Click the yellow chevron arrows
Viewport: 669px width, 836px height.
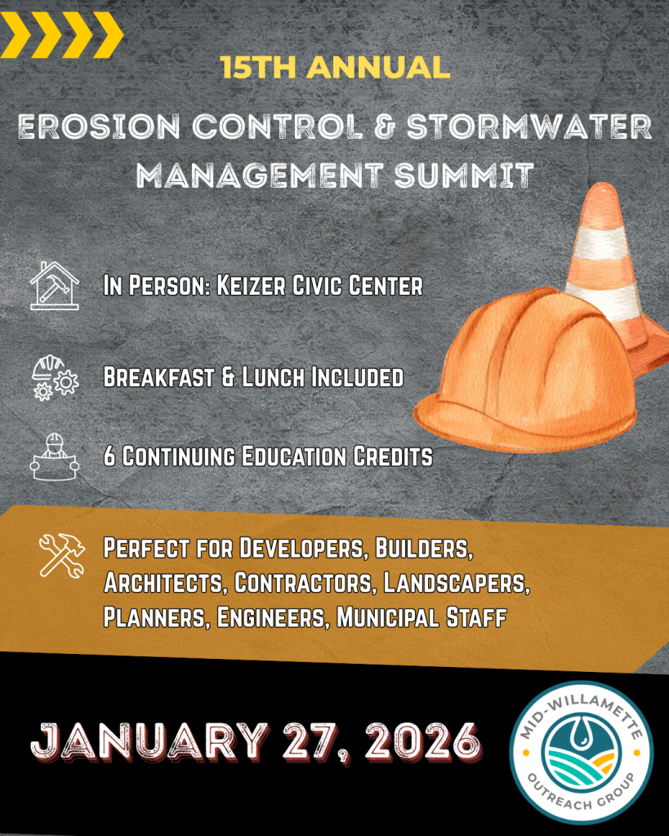point(61,36)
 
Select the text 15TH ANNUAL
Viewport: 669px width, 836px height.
point(335,67)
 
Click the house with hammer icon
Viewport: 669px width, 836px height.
point(54,285)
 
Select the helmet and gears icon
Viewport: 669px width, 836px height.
point(54,377)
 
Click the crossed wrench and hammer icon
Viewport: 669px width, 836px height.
point(61,556)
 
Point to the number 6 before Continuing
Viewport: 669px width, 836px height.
point(109,456)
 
